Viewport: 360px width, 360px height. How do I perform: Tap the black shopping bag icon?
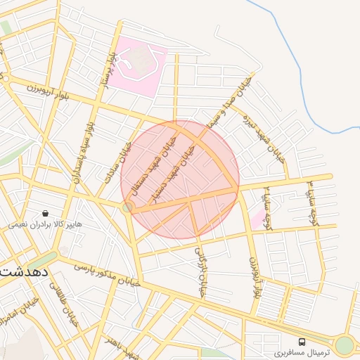(46, 213)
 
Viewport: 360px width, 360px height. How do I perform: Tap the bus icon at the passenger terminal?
(302, 340)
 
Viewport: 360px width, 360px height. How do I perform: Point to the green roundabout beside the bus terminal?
(344, 345)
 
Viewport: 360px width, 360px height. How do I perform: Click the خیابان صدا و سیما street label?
(227, 105)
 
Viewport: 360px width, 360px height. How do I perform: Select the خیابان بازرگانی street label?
(201, 271)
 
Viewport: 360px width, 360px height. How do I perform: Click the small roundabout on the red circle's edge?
(128, 207)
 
